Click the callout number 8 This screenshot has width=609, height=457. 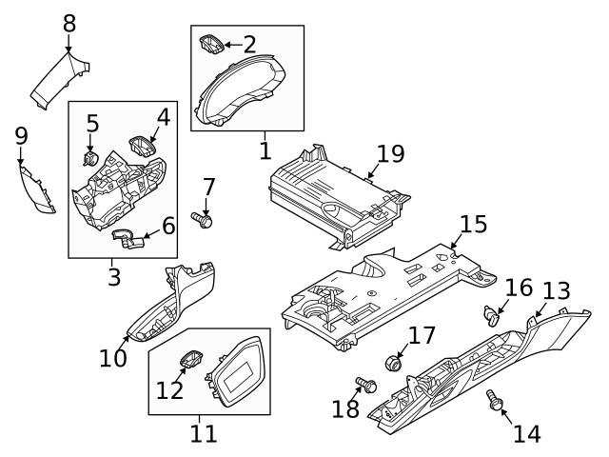[x=69, y=21]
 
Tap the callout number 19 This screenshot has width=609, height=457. [x=390, y=153]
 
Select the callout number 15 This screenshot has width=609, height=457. [x=473, y=225]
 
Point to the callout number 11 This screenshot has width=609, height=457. [x=203, y=434]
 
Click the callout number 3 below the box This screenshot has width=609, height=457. [x=113, y=278]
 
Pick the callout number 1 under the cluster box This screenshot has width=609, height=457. [x=265, y=149]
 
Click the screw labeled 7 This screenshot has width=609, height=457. [x=202, y=220]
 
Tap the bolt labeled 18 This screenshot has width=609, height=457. [x=365, y=386]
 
